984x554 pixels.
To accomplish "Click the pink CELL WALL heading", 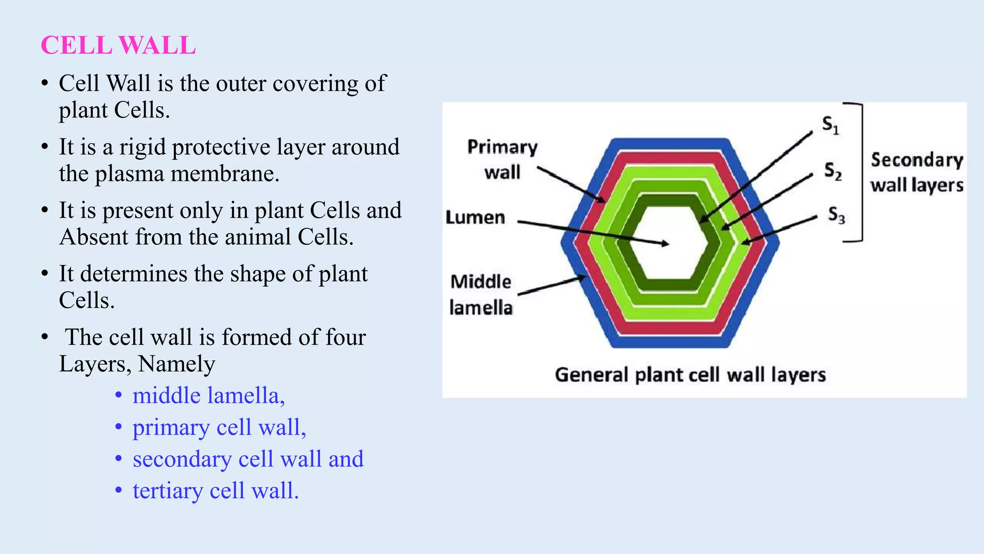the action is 118,46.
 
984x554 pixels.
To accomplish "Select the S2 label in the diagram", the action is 833,171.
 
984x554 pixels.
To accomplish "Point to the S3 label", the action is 836,215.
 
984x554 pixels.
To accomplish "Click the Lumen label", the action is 475,217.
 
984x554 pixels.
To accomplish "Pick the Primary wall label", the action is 502,159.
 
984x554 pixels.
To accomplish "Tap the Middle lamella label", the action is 481,294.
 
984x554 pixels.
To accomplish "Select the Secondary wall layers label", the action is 917,172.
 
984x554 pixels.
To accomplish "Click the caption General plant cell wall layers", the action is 690,375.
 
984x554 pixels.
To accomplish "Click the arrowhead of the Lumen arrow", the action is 665,244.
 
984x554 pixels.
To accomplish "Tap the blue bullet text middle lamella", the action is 209,395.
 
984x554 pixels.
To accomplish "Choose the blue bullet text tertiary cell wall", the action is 216,491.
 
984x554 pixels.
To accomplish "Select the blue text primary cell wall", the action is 219,427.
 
